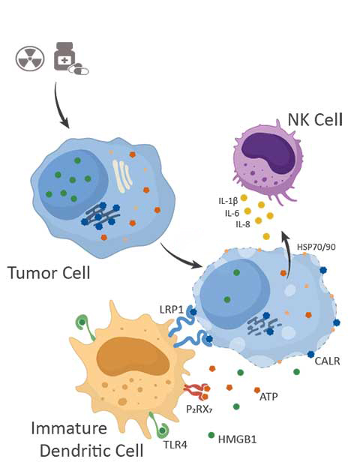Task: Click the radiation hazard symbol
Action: pos(30,58)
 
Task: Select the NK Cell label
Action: pos(315,119)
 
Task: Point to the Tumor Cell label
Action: pos(49,273)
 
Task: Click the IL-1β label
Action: pos(228,201)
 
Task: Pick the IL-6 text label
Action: pos(232,213)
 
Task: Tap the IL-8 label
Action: pos(243,224)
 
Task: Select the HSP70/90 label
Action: pos(316,247)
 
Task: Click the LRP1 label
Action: pos(172,310)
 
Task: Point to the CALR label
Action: pos(327,361)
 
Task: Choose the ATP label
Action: pos(268,396)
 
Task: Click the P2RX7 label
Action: pos(199,409)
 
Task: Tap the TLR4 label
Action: pos(175,445)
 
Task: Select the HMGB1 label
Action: pos(237,439)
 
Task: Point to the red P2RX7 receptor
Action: pos(196,391)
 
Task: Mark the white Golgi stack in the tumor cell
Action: pos(122,176)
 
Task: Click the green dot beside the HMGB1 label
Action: pos(211,435)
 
